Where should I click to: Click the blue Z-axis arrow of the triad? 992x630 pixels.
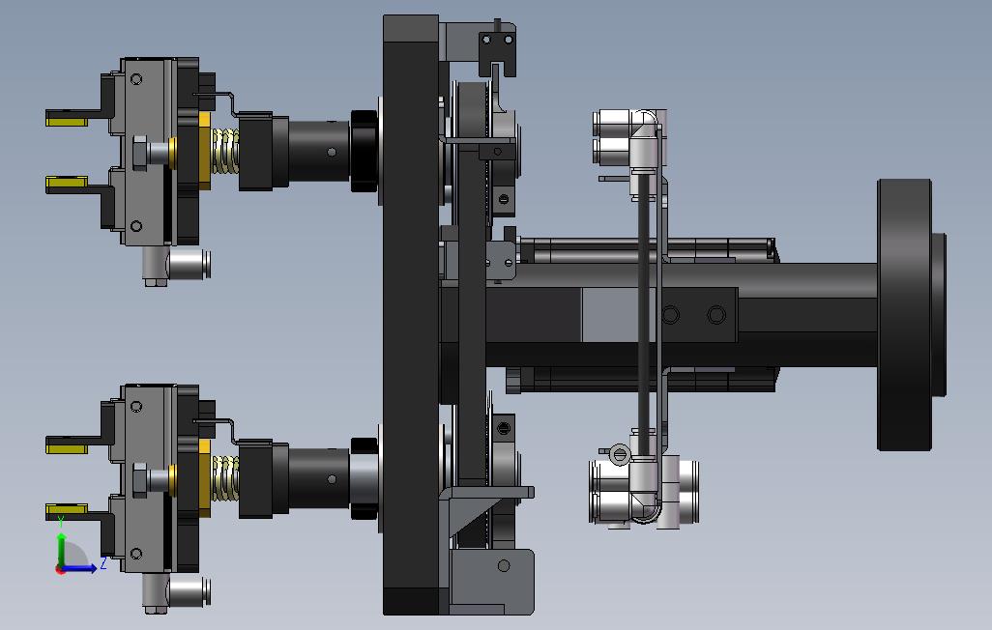tap(79, 568)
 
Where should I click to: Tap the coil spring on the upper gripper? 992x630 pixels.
tap(224, 151)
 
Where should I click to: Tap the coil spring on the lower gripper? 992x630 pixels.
tap(224, 478)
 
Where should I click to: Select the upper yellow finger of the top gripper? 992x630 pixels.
tap(67, 118)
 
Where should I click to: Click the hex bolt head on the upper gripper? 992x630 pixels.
tap(139, 152)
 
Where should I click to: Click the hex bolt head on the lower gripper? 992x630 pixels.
tap(139, 479)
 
